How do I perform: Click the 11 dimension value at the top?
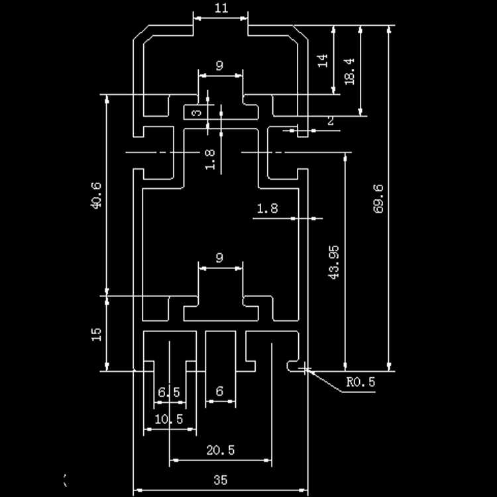click(221, 8)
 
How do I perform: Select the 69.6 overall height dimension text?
click(378, 198)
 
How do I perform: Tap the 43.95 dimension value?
click(334, 262)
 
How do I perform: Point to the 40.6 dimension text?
click(96, 195)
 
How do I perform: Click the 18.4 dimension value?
click(350, 70)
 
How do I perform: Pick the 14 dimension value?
click(323, 61)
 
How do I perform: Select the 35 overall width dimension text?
click(221, 480)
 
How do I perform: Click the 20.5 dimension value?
click(220, 451)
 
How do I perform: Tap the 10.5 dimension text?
click(168, 419)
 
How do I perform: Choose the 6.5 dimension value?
click(169, 393)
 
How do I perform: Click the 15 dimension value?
click(96, 334)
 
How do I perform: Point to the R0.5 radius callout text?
click(360, 382)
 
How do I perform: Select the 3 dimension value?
click(195, 113)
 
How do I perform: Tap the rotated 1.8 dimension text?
click(210, 160)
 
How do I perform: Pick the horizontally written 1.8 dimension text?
click(267, 209)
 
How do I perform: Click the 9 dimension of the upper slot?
click(219, 66)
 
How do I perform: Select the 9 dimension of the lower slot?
click(219, 257)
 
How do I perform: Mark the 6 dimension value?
click(219, 392)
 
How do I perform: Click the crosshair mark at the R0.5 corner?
click(304, 368)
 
